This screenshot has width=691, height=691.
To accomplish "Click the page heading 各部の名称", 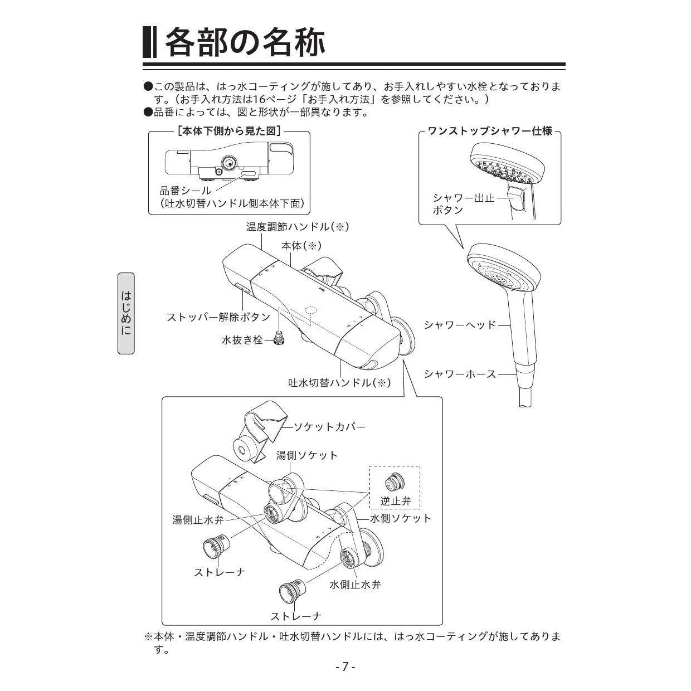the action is click(x=245, y=42).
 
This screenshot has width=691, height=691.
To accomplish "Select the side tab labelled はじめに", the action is click(x=126, y=313).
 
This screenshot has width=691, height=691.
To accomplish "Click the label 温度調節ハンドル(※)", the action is click(x=297, y=227).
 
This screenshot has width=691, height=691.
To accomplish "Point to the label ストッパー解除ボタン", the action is click(x=218, y=317).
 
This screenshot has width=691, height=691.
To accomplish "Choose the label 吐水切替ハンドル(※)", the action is click(x=339, y=383).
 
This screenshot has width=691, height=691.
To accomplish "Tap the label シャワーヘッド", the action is click(x=460, y=325).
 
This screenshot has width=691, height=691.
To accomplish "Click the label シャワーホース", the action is click(x=460, y=374).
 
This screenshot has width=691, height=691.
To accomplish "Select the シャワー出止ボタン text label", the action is click(x=463, y=204).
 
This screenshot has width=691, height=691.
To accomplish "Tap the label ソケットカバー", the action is click(x=329, y=427).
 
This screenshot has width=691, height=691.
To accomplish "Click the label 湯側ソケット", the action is click(x=306, y=455).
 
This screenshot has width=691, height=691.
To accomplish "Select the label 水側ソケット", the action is click(x=401, y=518).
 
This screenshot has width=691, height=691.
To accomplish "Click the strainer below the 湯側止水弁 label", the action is click(x=216, y=547).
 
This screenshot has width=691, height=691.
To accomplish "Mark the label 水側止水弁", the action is click(x=355, y=585).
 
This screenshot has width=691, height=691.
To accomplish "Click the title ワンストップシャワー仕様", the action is click(x=490, y=131).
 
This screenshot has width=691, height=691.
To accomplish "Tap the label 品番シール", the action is click(x=186, y=191).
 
